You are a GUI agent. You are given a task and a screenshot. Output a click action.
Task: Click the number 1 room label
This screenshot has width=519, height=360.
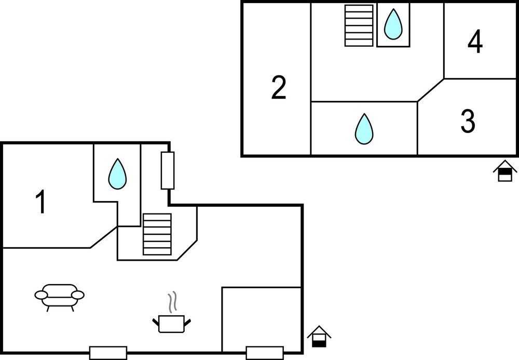(x=40, y=202)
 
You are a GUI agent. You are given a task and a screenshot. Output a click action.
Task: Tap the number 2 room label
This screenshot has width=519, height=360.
(x=279, y=88)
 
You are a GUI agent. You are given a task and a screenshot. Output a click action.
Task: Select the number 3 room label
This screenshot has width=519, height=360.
(x=468, y=121)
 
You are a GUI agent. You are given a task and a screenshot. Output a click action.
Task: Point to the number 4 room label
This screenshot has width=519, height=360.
(x=475, y=42)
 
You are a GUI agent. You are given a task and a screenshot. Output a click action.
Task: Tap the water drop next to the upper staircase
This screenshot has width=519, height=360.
(x=393, y=23)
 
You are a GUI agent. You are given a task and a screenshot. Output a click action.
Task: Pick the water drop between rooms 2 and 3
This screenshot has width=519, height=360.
(x=364, y=129)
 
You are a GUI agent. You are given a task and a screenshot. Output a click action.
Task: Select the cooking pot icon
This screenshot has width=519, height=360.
(x=171, y=324)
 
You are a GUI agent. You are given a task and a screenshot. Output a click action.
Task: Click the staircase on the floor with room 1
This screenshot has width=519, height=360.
(x=157, y=234)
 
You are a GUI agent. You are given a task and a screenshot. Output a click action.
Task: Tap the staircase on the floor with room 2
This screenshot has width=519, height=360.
(x=359, y=25)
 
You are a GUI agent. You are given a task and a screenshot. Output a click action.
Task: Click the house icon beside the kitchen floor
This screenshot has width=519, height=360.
(x=319, y=337)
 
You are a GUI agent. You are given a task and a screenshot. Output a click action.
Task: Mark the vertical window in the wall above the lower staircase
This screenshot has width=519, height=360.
(x=168, y=170)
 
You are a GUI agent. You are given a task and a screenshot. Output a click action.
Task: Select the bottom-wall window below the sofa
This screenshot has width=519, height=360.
(x=108, y=353)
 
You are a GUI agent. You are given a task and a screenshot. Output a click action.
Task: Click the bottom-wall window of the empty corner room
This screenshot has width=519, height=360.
(x=265, y=353)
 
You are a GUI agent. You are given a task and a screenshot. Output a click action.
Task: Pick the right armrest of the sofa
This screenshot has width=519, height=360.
(x=78, y=295)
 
